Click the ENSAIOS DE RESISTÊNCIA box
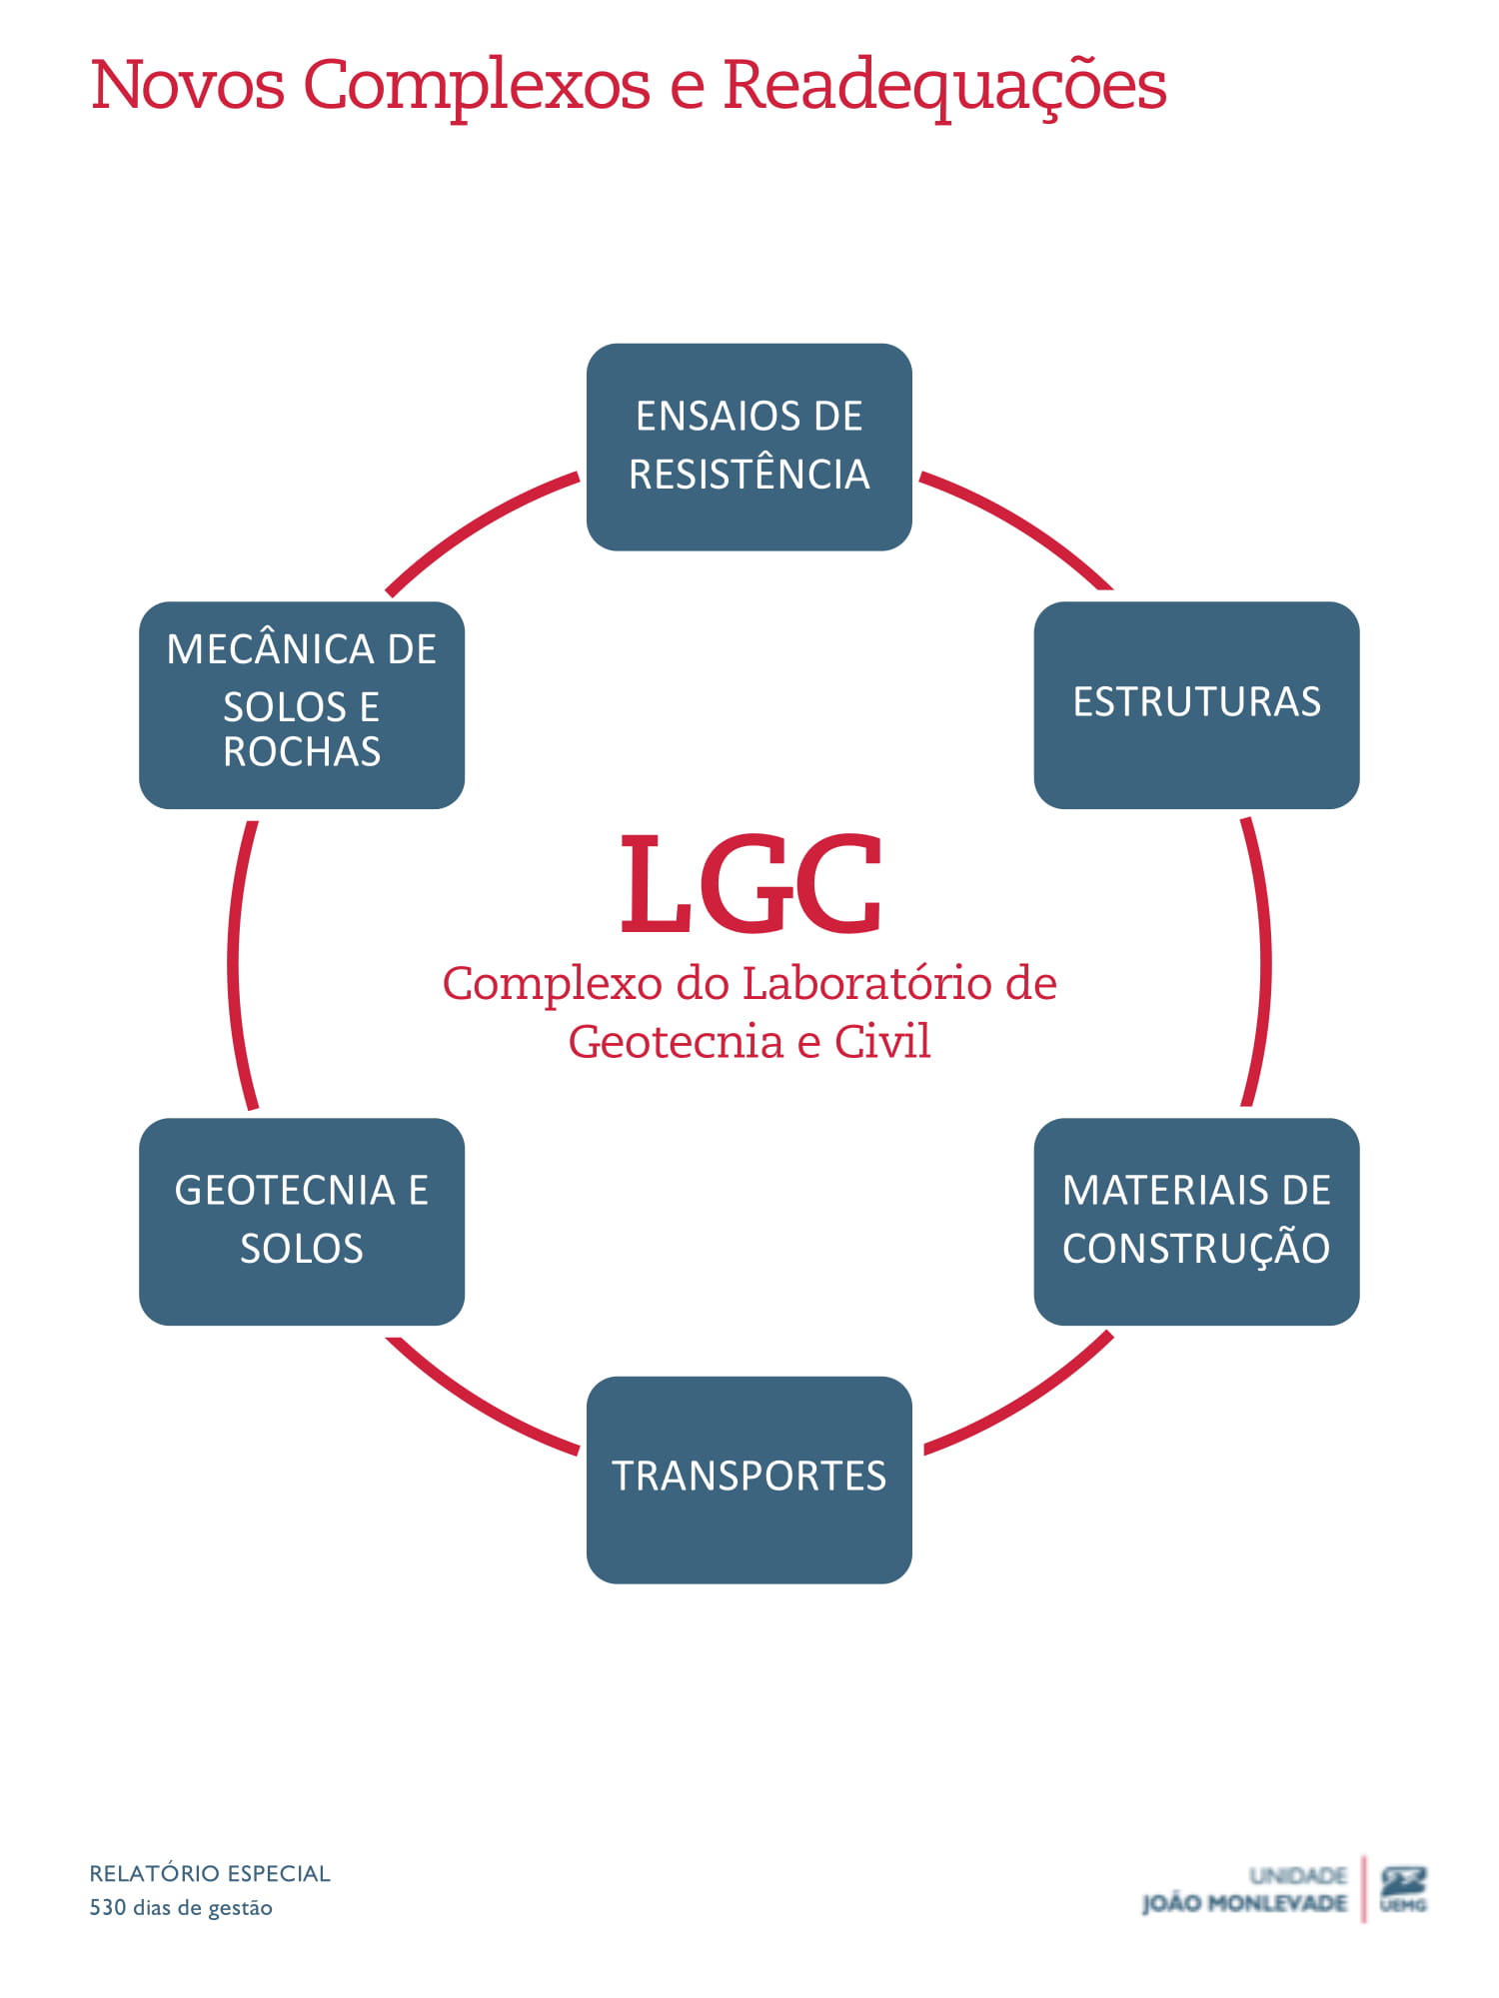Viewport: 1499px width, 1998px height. pyautogui.click(x=749, y=447)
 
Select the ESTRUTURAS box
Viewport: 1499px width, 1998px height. pyautogui.click(x=1196, y=704)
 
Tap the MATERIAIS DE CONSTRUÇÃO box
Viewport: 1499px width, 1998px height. pyautogui.click(x=1196, y=1221)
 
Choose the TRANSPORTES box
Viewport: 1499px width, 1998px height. pyautogui.click(x=749, y=1479)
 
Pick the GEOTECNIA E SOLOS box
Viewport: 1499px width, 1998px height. pyautogui.click(x=301, y=1221)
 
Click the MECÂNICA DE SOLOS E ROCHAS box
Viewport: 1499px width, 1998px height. pyautogui.click(x=301, y=704)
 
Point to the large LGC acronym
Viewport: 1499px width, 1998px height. pyautogui.click(x=750, y=885)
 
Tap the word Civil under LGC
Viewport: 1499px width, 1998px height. pyautogui.click(x=882, y=1041)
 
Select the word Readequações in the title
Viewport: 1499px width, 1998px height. pyautogui.click(x=944, y=85)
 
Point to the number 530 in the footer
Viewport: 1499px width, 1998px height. pyautogui.click(x=108, y=1907)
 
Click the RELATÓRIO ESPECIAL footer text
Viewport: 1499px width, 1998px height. pyautogui.click(x=210, y=1873)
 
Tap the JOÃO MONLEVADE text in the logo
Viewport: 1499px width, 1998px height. pyautogui.click(x=1244, y=1903)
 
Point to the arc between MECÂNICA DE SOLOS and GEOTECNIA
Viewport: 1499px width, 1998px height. pyautogui.click(x=234, y=964)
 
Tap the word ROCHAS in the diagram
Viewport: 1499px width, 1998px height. pyautogui.click(x=301, y=751)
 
